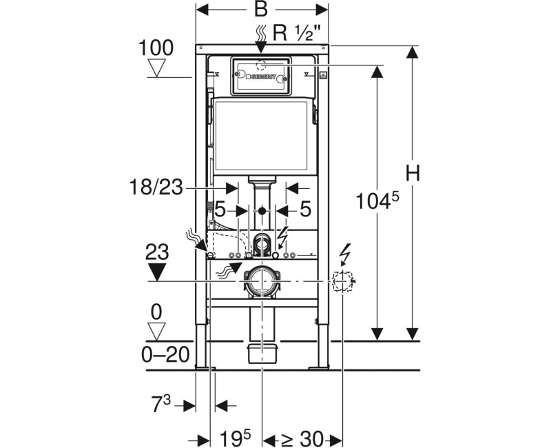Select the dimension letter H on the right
click(413, 174)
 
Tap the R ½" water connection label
click(298, 32)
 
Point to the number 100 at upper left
click(156, 48)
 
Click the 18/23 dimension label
click(155, 186)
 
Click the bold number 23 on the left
click(158, 252)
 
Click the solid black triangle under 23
click(158, 272)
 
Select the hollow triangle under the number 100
click(158, 69)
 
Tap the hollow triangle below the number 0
click(158, 332)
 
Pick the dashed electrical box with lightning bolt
click(342, 281)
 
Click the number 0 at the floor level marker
click(157, 312)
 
